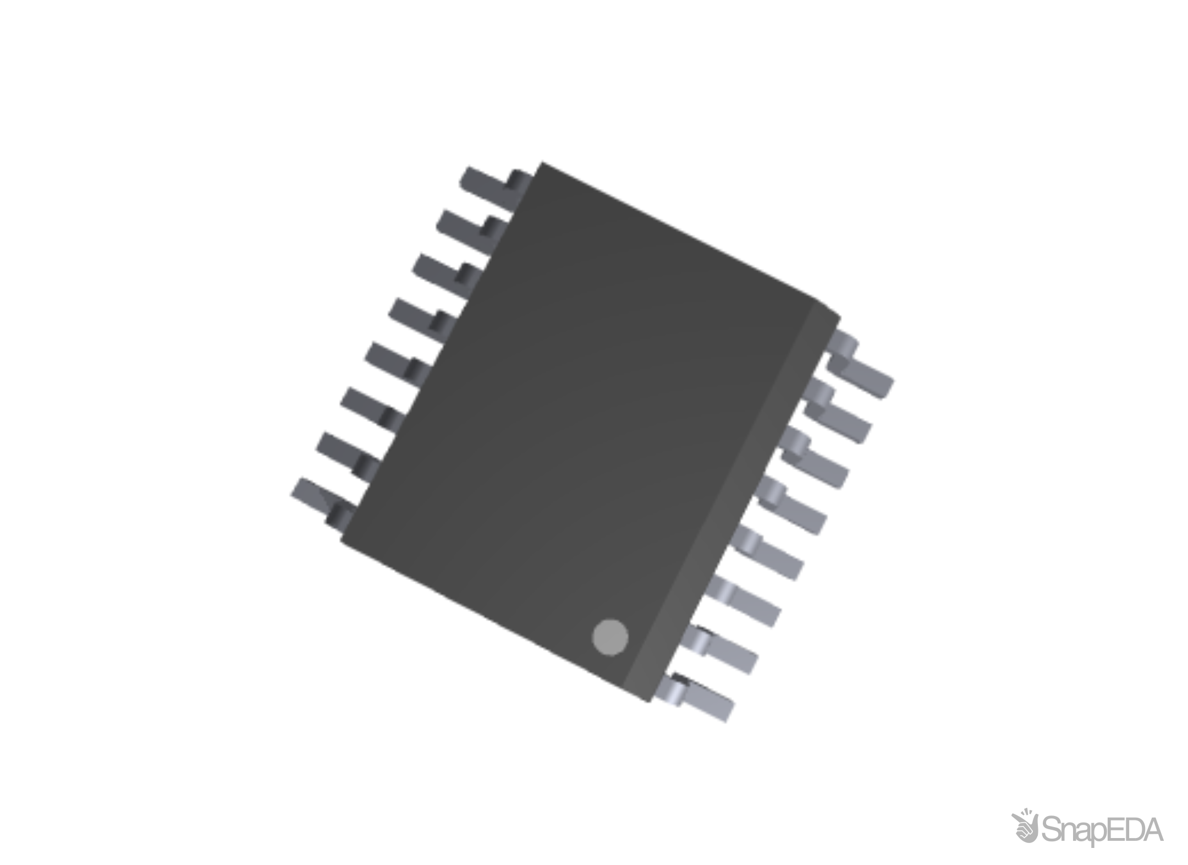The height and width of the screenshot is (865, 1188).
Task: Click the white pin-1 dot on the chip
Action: [x=610, y=637]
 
